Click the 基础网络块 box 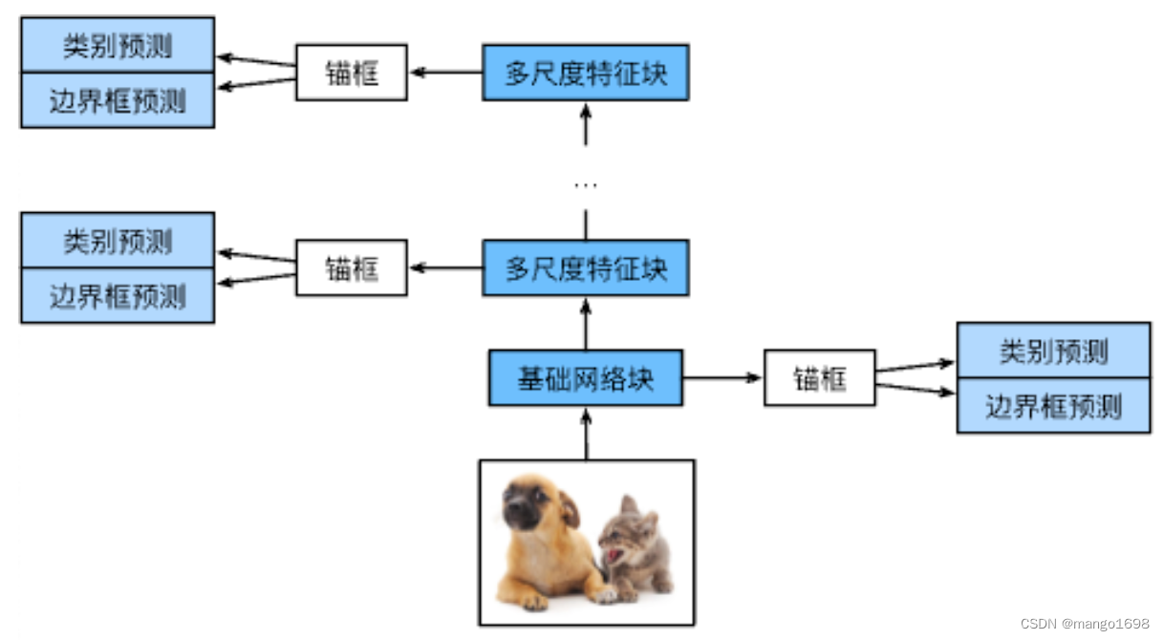click(586, 378)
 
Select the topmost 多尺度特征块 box click(586, 72)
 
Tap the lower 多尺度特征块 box click(586, 268)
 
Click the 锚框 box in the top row click(352, 72)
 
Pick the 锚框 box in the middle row click(352, 268)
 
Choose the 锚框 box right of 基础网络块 click(820, 378)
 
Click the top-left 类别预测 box click(118, 45)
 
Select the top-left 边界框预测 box click(118, 99)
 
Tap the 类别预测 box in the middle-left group click(118, 241)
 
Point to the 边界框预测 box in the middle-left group click(118, 295)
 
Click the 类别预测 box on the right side click(1053, 351)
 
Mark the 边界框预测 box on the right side click(1053, 406)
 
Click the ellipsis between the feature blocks click(586, 183)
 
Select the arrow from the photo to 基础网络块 click(586, 433)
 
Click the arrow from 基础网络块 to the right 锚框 click(722, 378)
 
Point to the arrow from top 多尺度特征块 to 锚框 click(445, 72)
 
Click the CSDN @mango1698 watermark click(1085, 624)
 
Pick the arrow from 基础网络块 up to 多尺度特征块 click(586, 323)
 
